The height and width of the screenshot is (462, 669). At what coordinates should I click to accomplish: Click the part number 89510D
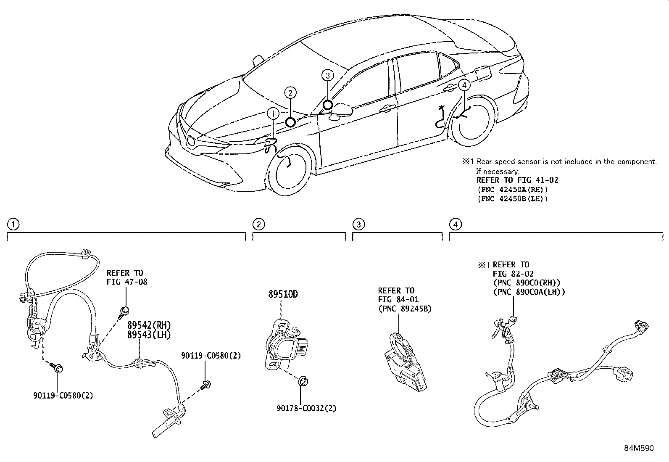pos(283,294)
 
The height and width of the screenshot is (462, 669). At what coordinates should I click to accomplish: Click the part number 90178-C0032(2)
pos(306,408)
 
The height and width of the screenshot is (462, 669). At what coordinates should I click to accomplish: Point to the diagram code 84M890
pos(639,448)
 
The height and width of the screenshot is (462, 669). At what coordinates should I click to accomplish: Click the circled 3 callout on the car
pos(328,75)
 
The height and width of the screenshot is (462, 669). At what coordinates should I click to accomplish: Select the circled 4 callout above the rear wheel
pos(464,86)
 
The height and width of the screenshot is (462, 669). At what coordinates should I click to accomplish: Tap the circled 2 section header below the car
pos(259,224)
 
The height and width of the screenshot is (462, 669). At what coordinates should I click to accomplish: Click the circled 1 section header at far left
pos(13,224)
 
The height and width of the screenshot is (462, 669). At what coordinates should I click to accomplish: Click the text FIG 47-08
pos(126,282)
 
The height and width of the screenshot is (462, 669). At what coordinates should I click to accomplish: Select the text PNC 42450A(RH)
pos(512,190)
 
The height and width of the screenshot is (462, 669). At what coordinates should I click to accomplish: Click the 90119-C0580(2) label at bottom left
pos(63,396)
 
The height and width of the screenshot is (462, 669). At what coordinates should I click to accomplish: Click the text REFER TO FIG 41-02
pos(517,180)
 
